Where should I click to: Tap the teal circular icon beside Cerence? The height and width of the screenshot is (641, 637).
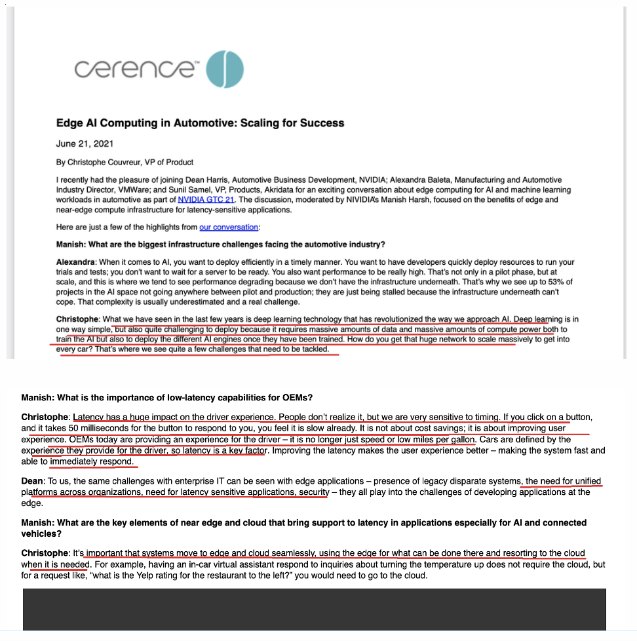click(225, 68)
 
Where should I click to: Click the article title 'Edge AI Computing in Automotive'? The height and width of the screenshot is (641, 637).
click(200, 123)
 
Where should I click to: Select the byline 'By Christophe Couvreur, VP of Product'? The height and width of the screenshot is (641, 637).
click(125, 162)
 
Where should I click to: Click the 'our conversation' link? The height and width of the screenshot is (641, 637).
click(229, 227)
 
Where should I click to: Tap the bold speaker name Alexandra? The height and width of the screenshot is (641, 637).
click(77, 262)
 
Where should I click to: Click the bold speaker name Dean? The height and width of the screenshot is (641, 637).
click(33, 481)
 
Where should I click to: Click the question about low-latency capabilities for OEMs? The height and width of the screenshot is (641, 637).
click(166, 398)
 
